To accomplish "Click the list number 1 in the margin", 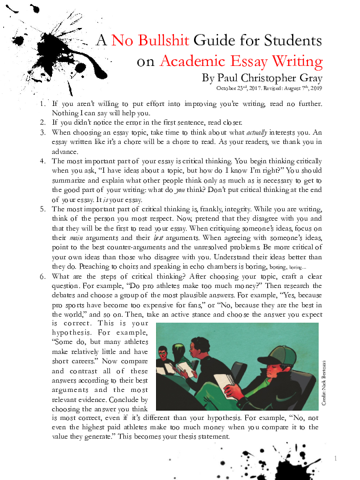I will [43, 105].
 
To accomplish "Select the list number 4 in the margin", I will [43, 161].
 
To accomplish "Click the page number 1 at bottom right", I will [337, 457].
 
